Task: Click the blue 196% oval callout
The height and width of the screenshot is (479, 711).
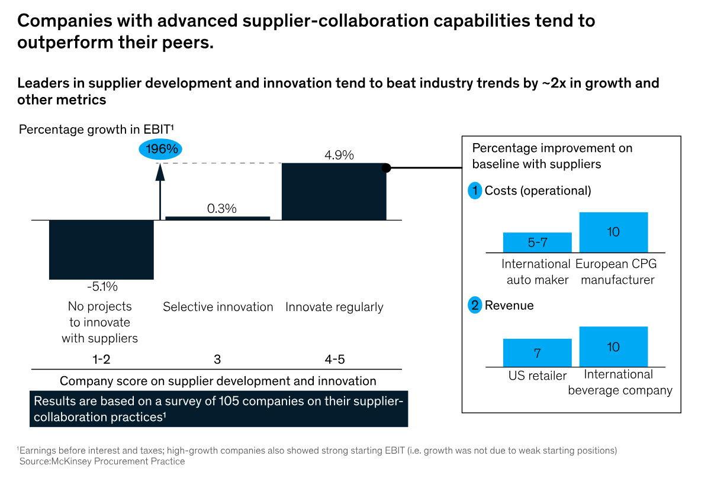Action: (160, 149)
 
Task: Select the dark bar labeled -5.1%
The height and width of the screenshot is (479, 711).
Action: (101, 249)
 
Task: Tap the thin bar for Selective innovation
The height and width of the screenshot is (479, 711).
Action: (218, 218)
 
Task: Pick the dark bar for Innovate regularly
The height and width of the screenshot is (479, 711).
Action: (334, 192)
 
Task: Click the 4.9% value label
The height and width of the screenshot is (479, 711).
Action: (339, 156)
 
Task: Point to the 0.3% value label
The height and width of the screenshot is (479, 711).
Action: (222, 209)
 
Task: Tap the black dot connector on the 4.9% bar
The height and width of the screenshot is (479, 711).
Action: (386, 168)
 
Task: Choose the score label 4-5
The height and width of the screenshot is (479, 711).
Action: (334, 360)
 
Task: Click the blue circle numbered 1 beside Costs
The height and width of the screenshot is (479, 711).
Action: (475, 191)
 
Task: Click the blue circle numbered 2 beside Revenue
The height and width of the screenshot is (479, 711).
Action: (475, 306)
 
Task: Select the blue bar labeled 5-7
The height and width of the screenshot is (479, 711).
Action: (537, 242)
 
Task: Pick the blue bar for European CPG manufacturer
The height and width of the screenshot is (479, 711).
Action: (613, 232)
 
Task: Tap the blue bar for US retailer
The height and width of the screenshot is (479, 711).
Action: (537, 352)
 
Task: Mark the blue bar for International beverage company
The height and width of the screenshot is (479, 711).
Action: (613, 347)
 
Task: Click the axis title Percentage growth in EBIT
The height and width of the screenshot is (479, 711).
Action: (96, 129)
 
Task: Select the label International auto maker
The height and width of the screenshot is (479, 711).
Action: (536, 271)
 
